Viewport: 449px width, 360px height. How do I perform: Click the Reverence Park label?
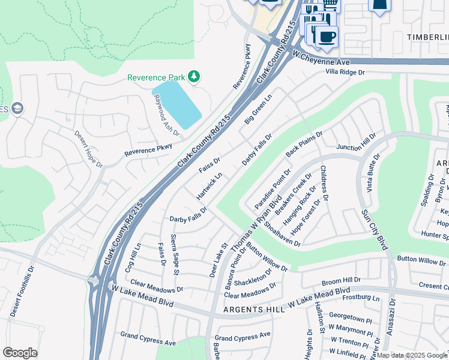pyautogui.click(x=155, y=77)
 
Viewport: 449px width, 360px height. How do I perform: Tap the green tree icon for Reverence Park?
pyautogui.click(x=193, y=76)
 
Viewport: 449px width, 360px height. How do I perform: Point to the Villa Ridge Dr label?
pyautogui.click(x=345, y=72)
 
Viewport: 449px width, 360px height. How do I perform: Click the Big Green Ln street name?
pyautogui.click(x=258, y=109)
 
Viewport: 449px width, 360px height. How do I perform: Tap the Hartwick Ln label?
pyautogui.click(x=209, y=186)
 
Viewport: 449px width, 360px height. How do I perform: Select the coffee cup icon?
pyautogui.click(x=326, y=37)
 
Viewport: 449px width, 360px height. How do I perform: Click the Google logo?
pyautogui.click(x=20, y=352)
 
